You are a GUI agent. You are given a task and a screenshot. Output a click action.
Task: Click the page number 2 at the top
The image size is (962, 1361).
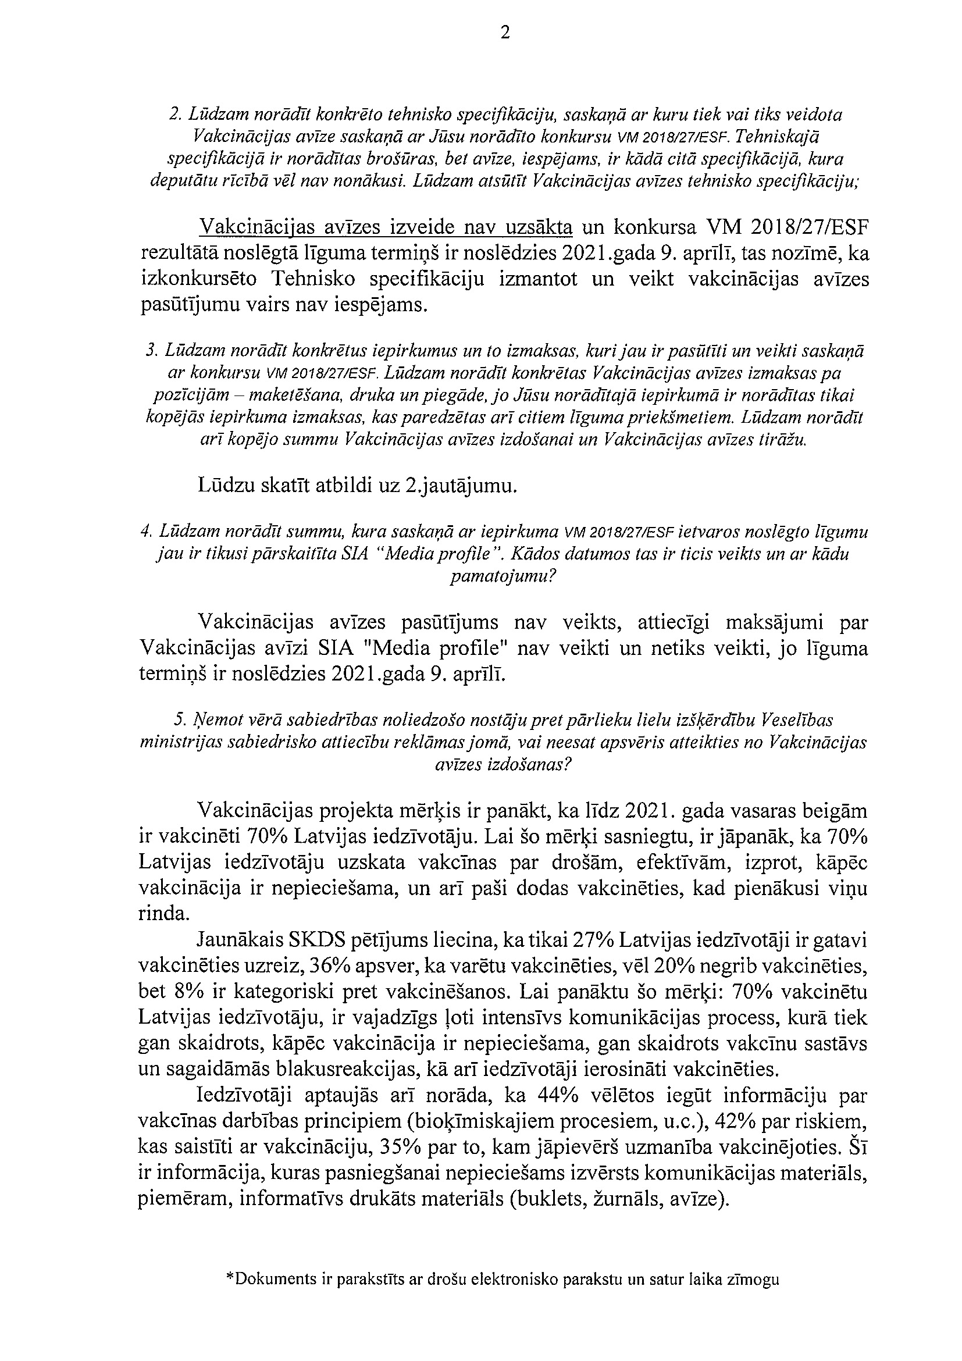(504, 33)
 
